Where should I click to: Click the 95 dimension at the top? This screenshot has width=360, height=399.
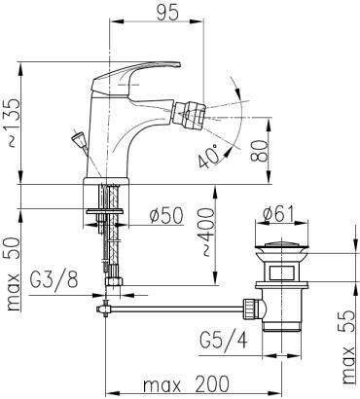pos(167,13)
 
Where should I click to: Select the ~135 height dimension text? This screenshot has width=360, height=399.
pos(14,123)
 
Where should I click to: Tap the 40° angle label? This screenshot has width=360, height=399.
pos(209,157)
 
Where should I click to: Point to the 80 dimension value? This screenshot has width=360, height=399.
pos(259,151)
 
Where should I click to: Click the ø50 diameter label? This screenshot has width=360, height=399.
pos(166,215)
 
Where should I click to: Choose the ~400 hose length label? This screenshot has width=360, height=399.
pos(208,233)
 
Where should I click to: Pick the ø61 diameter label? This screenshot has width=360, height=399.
pos(278,214)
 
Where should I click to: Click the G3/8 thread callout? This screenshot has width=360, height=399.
pos(54,279)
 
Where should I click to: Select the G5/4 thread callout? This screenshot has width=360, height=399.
pos(224,341)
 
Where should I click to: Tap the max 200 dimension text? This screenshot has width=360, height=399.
pos(186,384)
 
